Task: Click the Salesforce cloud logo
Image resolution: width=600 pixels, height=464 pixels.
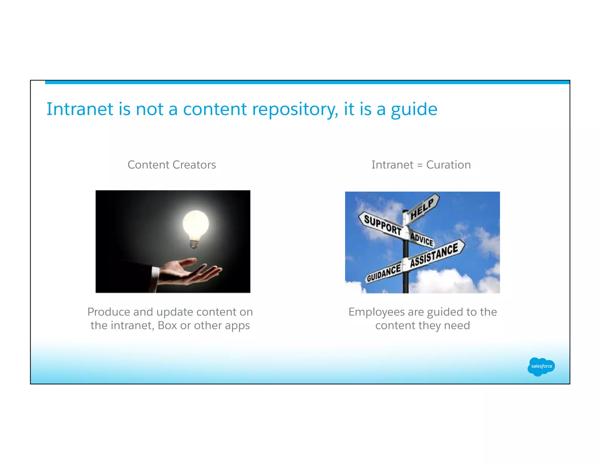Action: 541,366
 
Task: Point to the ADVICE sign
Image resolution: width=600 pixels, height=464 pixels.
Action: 422,239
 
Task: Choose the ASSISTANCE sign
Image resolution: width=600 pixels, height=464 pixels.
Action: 434,254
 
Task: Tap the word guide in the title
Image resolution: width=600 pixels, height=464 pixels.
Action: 414,109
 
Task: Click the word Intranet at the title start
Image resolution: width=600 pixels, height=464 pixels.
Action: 80,109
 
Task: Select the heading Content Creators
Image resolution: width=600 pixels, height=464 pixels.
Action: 172,165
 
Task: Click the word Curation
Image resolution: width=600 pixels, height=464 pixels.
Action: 448,165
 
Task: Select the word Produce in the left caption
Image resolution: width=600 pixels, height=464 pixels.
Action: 108,312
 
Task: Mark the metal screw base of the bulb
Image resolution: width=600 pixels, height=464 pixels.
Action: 194,243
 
